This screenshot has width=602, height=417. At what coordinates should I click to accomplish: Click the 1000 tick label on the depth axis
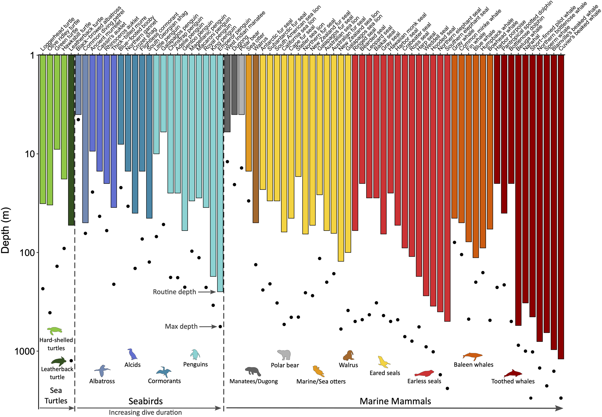pos(25,351)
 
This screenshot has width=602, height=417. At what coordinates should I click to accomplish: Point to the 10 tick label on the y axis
pos(30,154)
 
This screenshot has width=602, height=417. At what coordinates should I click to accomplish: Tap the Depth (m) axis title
pos(5,230)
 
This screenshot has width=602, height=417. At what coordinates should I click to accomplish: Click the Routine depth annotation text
pos(174,292)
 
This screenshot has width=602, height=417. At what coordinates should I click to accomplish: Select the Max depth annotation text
pos(181,326)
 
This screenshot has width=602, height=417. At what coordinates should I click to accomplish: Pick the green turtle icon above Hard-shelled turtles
pos(55,331)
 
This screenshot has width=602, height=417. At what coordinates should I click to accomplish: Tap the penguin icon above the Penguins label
pos(195,354)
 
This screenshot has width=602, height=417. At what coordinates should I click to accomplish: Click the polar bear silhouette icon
pos(284,355)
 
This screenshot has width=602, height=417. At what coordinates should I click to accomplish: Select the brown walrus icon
pos(348,356)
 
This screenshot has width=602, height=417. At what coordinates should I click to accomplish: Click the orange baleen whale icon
pos(472,356)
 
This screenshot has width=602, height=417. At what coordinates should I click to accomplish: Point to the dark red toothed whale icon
pos(513,373)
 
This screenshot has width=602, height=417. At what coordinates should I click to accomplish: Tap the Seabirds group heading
pos(145,401)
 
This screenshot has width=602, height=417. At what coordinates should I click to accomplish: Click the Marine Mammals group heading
pos(395,401)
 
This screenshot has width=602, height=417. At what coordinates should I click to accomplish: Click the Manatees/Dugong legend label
pos(254,381)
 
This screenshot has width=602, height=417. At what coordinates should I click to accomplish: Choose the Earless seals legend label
pos(424,381)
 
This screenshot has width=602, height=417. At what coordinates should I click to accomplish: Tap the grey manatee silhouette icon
pos(253,371)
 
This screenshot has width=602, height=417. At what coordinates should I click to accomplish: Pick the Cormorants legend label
pos(164,381)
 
